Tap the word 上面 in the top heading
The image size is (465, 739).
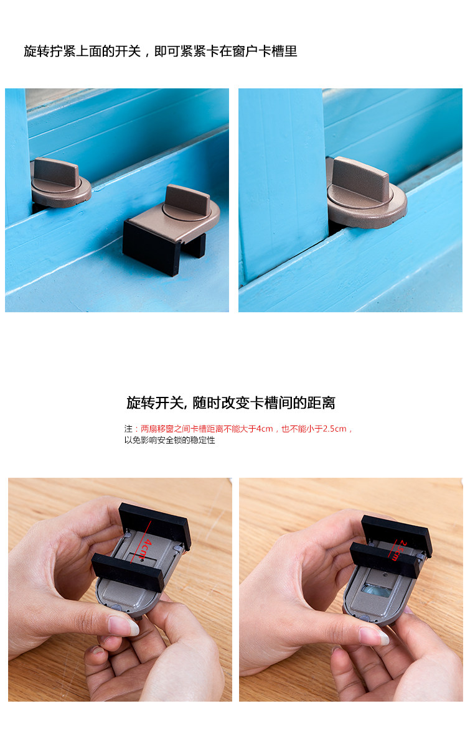(x=88, y=51)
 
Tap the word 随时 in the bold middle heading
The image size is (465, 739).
(x=207, y=403)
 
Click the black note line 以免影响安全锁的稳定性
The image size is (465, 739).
(x=169, y=440)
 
